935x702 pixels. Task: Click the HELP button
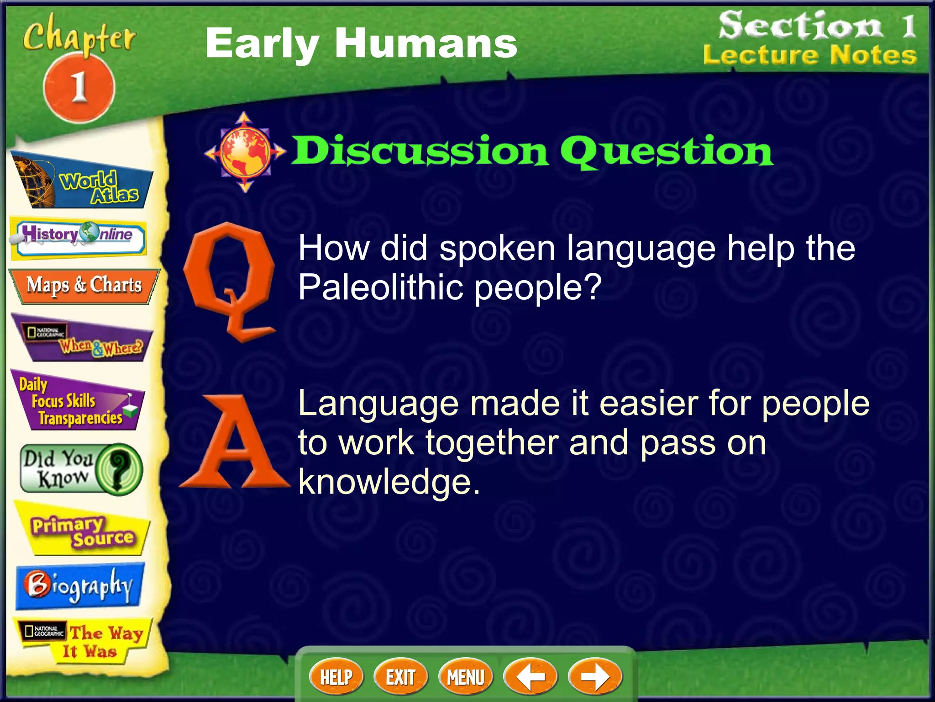[x=336, y=677]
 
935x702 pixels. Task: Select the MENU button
[x=465, y=677]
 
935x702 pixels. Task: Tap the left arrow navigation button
[x=530, y=677]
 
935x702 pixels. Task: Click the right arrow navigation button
[x=594, y=677]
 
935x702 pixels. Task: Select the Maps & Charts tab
[x=84, y=286]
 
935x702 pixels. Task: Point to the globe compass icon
[x=245, y=152]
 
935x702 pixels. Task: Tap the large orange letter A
[x=234, y=443]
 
